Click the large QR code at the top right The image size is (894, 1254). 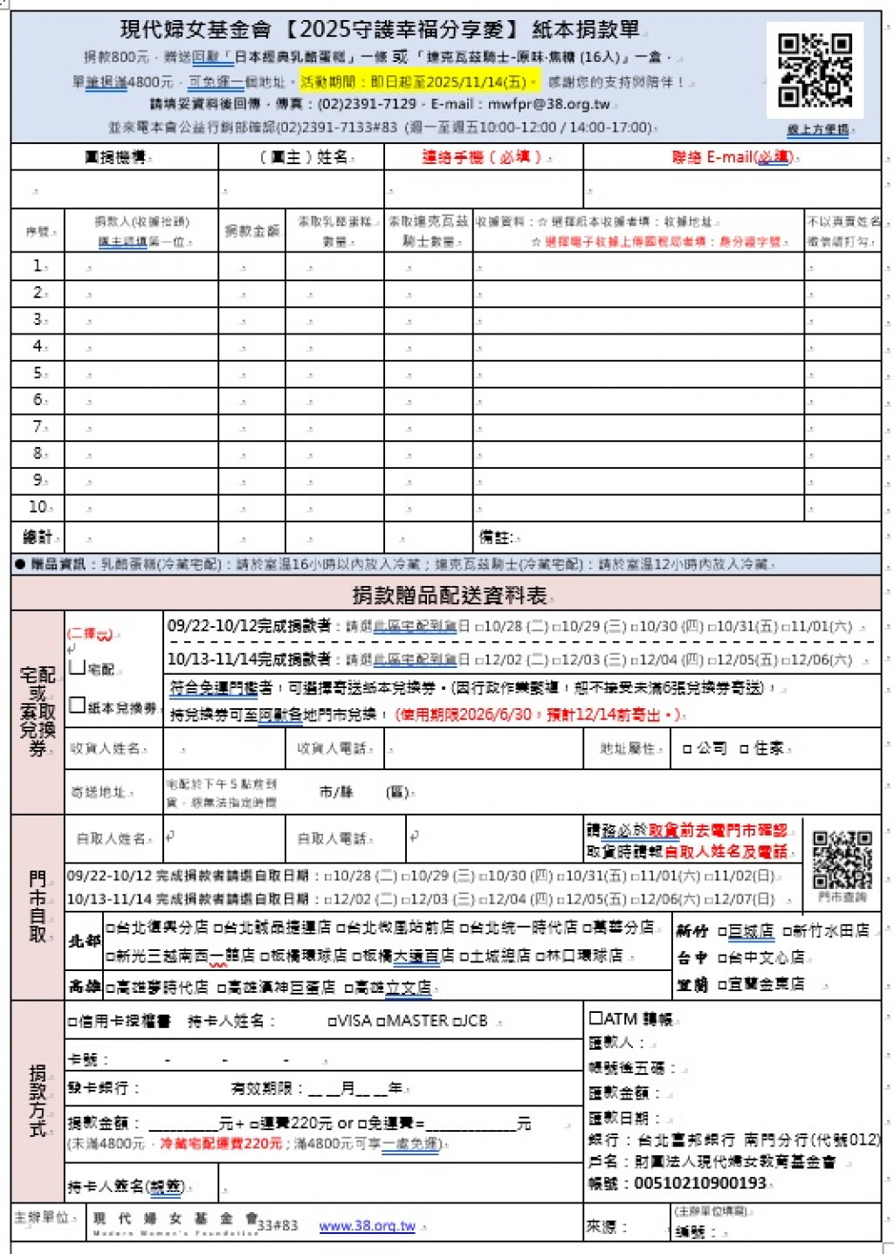[x=815, y=70]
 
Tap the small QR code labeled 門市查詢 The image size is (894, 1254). [x=842, y=859]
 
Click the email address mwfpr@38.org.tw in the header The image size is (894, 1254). [x=548, y=104]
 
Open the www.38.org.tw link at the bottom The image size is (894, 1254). [x=367, y=1226]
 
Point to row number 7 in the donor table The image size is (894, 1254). [x=38, y=427]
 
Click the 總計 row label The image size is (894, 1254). [x=38, y=537]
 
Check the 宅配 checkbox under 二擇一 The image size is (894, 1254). [x=77, y=667]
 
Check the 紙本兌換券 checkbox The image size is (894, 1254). [x=77, y=705]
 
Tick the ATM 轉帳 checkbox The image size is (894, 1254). [x=596, y=1018]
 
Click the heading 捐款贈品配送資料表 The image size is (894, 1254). [x=449, y=596]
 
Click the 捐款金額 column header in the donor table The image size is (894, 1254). [x=251, y=231]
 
